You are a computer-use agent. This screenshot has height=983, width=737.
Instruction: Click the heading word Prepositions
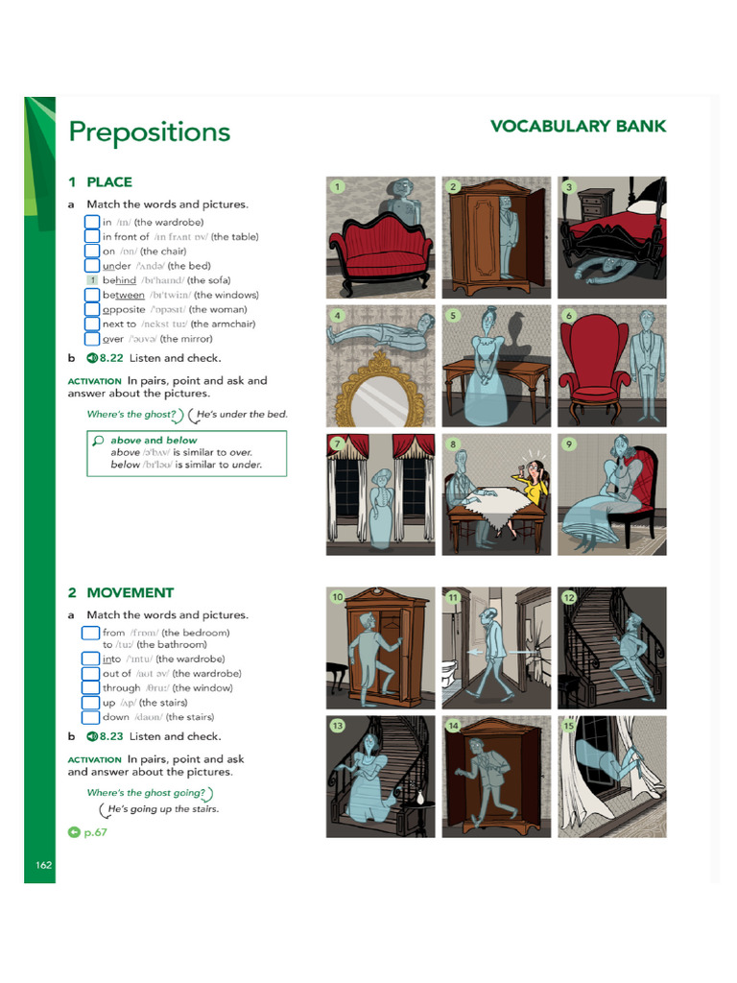coord(149,132)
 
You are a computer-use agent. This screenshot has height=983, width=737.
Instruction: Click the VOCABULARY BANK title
coord(578,127)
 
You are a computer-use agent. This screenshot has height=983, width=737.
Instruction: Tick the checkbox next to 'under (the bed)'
coord(92,266)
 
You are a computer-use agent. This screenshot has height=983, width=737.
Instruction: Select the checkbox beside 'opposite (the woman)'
coord(92,309)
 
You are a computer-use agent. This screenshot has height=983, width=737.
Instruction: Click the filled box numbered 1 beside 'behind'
coord(92,280)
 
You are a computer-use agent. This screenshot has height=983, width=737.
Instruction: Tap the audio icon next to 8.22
coord(92,358)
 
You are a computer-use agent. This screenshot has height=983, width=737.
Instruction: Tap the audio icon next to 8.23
coord(92,736)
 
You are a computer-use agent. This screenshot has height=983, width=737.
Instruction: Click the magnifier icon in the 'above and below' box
coord(98,441)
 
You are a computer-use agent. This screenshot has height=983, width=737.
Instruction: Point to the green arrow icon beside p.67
coord(74,832)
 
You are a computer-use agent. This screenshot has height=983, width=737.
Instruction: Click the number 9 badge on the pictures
coord(569,444)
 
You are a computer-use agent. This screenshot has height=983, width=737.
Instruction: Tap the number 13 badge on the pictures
coord(337,726)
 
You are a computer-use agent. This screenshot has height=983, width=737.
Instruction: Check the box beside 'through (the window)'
coord(92,687)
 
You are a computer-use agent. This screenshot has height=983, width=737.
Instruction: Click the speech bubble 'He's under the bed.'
coord(240,415)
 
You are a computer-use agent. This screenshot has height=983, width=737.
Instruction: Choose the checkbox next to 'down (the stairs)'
coord(92,717)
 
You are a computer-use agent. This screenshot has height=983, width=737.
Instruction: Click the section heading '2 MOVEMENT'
coord(121,593)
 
